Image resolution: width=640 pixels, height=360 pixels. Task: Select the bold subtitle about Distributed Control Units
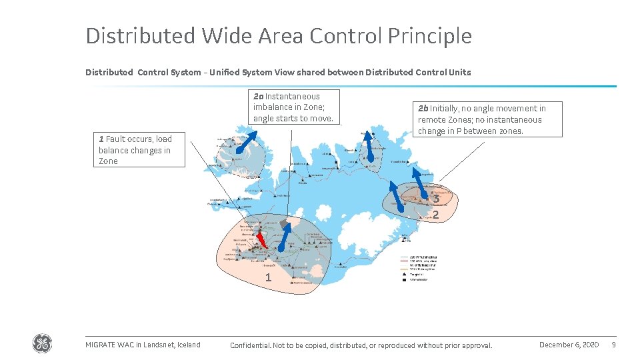click(278, 72)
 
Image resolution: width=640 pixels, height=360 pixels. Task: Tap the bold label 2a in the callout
click(259, 96)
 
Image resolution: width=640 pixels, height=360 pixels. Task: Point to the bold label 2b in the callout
click(423, 108)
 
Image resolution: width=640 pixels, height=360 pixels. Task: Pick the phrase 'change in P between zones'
click(471, 131)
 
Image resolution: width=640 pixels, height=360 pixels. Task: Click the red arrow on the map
click(262, 239)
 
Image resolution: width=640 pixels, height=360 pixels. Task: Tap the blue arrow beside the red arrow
click(284, 237)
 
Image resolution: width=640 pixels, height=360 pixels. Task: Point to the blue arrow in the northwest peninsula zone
click(249, 143)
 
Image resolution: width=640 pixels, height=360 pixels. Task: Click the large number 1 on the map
click(268, 277)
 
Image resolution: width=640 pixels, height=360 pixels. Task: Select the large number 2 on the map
click(435, 215)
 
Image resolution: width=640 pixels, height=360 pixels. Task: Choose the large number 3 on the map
click(435, 199)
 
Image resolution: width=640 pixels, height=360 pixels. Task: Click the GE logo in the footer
click(41, 343)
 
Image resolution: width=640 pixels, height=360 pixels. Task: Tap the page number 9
click(613, 345)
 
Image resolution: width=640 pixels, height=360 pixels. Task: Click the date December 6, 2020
click(569, 345)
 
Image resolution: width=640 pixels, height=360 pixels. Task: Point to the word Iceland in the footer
click(189, 345)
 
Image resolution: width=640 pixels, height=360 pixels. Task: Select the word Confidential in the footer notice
click(250, 345)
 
